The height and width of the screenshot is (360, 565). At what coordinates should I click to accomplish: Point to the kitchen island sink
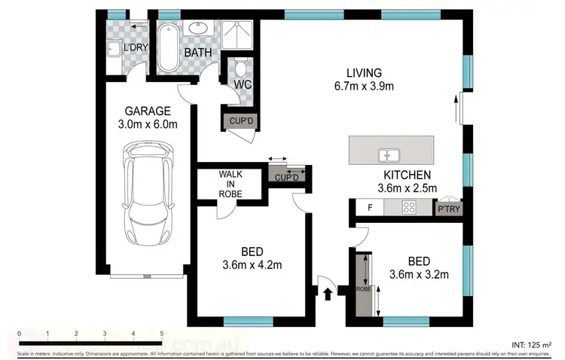(389, 155)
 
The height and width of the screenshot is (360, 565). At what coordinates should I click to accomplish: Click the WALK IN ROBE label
(231, 183)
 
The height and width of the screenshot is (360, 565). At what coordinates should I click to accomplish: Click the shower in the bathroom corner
(240, 32)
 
